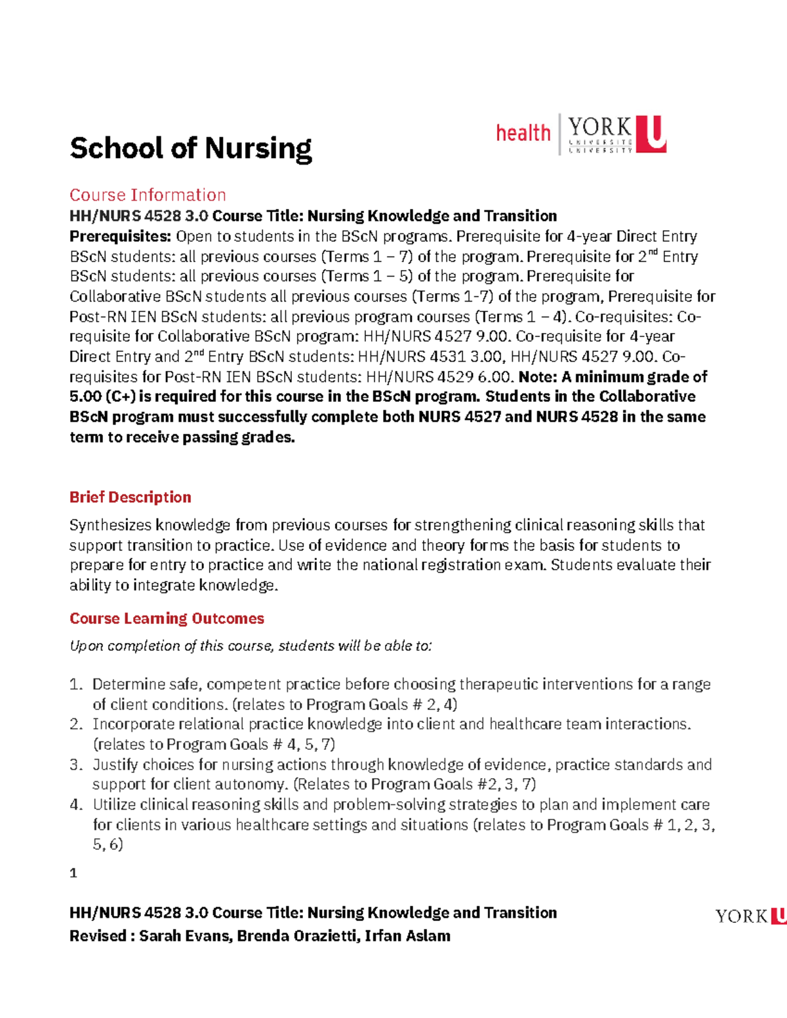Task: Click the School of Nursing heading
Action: (x=190, y=148)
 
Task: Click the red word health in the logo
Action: (x=523, y=133)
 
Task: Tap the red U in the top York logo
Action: (x=655, y=134)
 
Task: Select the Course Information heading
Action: (x=148, y=195)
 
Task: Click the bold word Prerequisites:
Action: (x=120, y=236)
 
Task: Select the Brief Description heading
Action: (x=130, y=497)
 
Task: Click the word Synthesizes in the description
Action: (x=110, y=525)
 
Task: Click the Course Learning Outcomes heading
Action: (x=167, y=618)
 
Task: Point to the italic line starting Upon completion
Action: (x=251, y=646)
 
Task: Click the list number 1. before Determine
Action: (x=76, y=684)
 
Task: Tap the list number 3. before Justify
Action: (x=76, y=765)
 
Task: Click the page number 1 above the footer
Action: (x=73, y=873)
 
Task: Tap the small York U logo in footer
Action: (x=750, y=916)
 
